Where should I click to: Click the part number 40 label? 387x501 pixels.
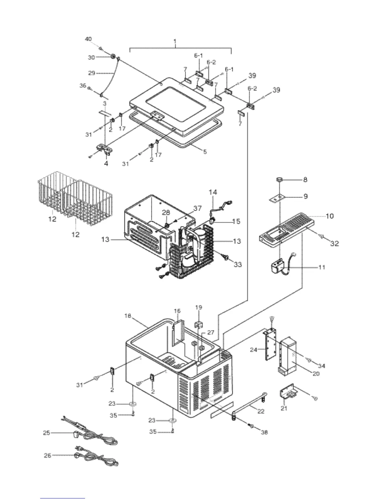click(x=88, y=39)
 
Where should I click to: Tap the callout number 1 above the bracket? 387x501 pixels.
click(x=175, y=41)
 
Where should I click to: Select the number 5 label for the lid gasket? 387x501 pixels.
click(x=205, y=152)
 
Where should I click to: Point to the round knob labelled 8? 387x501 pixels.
click(x=279, y=180)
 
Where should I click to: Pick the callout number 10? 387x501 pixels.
click(x=329, y=216)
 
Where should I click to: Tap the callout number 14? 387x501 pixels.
click(x=213, y=192)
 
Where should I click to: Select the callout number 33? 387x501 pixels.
click(x=238, y=264)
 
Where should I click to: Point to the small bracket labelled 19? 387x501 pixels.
click(x=199, y=325)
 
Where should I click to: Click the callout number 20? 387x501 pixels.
click(x=316, y=374)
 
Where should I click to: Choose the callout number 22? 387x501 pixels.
click(x=261, y=411)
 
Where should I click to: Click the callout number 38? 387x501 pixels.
click(x=264, y=432)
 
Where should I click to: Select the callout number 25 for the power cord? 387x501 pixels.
click(x=46, y=433)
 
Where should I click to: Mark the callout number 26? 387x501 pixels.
click(x=47, y=456)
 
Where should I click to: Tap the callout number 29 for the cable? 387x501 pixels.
click(x=91, y=73)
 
